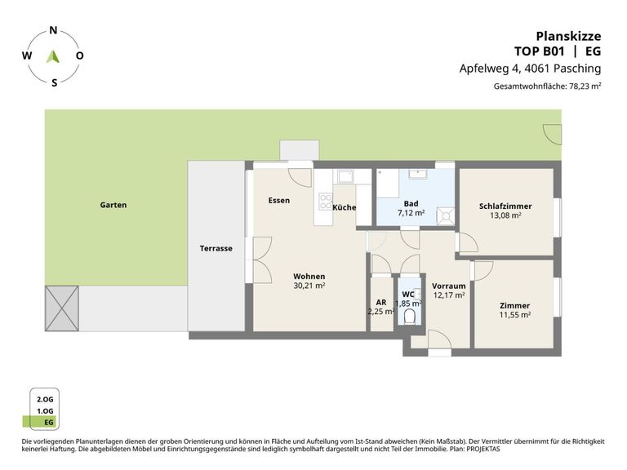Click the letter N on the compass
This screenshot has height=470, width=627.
tap(53, 30)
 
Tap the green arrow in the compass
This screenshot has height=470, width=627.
tap(53, 57)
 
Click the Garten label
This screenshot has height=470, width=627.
tap(113, 205)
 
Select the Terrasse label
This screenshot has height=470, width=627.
tap(216, 248)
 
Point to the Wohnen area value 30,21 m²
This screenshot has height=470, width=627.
tap(309, 286)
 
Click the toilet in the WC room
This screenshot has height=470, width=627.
tap(409, 317)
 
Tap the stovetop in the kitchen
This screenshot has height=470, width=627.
tap(326, 201)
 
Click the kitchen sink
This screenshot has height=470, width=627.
tap(345, 176)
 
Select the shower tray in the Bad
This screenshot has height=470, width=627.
tap(446, 215)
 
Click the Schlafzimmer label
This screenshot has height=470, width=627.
tap(505, 206)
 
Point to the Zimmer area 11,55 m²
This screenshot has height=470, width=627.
tap(515, 315)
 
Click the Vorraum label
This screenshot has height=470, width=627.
tap(449, 286)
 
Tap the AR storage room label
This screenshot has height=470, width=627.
tap(381, 303)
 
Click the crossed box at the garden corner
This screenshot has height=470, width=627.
tap(62, 308)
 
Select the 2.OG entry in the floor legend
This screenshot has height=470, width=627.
tap(45, 399)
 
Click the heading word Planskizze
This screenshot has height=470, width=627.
tap(568, 37)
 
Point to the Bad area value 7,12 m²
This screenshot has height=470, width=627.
tap(411, 213)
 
